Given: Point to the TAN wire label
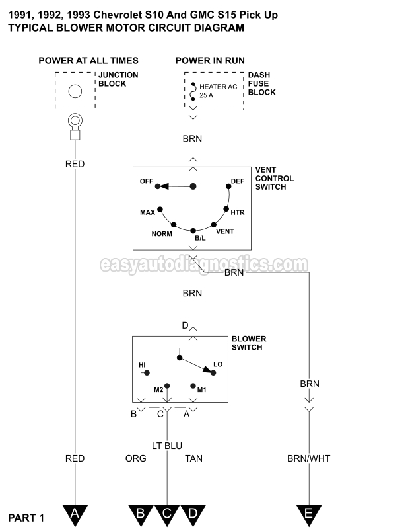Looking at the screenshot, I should (x=193, y=458).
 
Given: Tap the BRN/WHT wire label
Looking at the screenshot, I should (x=309, y=458).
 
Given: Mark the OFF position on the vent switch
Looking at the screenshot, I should (x=146, y=181).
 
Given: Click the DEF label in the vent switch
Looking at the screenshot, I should (x=238, y=181).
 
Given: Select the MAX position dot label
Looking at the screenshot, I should (x=147, y=213).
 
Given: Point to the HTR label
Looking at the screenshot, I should (x=238, y=213).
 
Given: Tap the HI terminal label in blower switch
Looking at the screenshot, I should (x=142, y=364).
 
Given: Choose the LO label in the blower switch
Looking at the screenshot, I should (x=217, y=364).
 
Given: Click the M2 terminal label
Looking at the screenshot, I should (x=158, y=389).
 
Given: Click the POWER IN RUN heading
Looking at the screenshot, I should (x=210, y=61).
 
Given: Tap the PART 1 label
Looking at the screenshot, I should (x=26, y=518).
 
